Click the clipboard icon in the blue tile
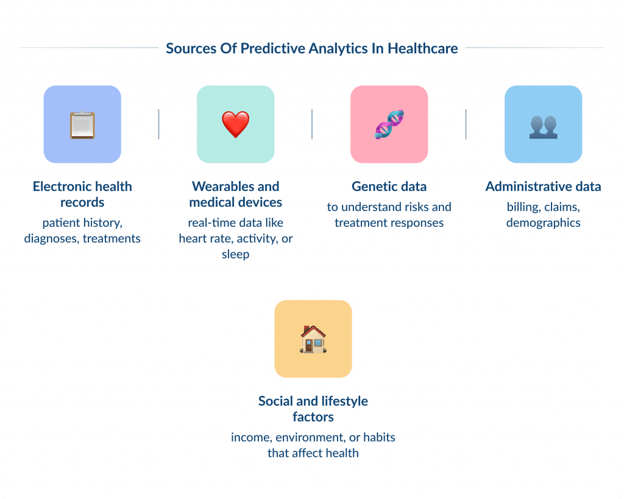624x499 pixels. [82, 124]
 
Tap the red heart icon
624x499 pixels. [235, 124]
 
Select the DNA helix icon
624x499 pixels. [389, 124]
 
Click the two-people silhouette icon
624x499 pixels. [543, 126]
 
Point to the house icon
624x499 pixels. [313, 339]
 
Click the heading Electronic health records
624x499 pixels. [82, 194]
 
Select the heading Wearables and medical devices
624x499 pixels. [235, 194]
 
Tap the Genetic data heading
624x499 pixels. [389, 187]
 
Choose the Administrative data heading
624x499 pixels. [543, 187]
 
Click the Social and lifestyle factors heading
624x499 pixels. [313, 409]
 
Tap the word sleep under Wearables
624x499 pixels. [235, 254]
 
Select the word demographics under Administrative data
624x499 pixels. [543, 223]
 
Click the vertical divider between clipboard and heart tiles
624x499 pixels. [158, 124]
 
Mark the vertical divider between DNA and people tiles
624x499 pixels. [466, 124]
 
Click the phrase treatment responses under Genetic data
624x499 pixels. [389, 223]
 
